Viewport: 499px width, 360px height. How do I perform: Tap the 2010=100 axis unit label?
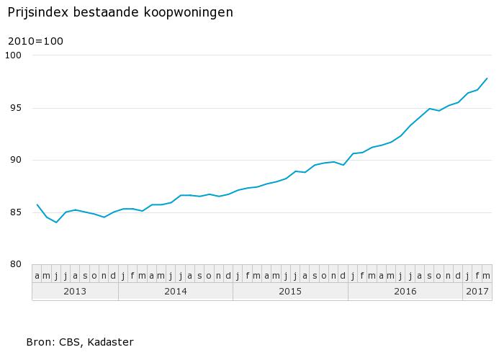(x=35, y=41)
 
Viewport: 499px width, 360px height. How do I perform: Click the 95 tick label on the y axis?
(x=17, y=108)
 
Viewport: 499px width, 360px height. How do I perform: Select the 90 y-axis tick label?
(x=17, y=160)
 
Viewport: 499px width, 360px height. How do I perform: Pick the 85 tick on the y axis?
(x=17, y=212)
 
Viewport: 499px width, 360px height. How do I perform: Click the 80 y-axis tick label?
(x=17, y=264)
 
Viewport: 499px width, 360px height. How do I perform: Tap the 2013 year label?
(x=75, y=291)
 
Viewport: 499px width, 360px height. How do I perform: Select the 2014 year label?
(x=176, y=291)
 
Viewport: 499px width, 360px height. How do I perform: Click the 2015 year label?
(x=290, y=291)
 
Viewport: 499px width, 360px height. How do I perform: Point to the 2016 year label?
(x=405, y=291)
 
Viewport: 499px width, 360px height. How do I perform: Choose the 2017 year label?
(x=477, y=291)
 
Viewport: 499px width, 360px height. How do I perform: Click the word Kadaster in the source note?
(x=110, y=342)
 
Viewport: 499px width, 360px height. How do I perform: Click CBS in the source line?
(x=71, y=342)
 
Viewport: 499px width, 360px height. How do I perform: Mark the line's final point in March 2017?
(x=487, y=78)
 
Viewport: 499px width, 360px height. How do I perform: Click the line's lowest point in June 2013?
(x=56, y=222)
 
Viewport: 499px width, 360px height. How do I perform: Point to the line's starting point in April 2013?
(x=37, y=204)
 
